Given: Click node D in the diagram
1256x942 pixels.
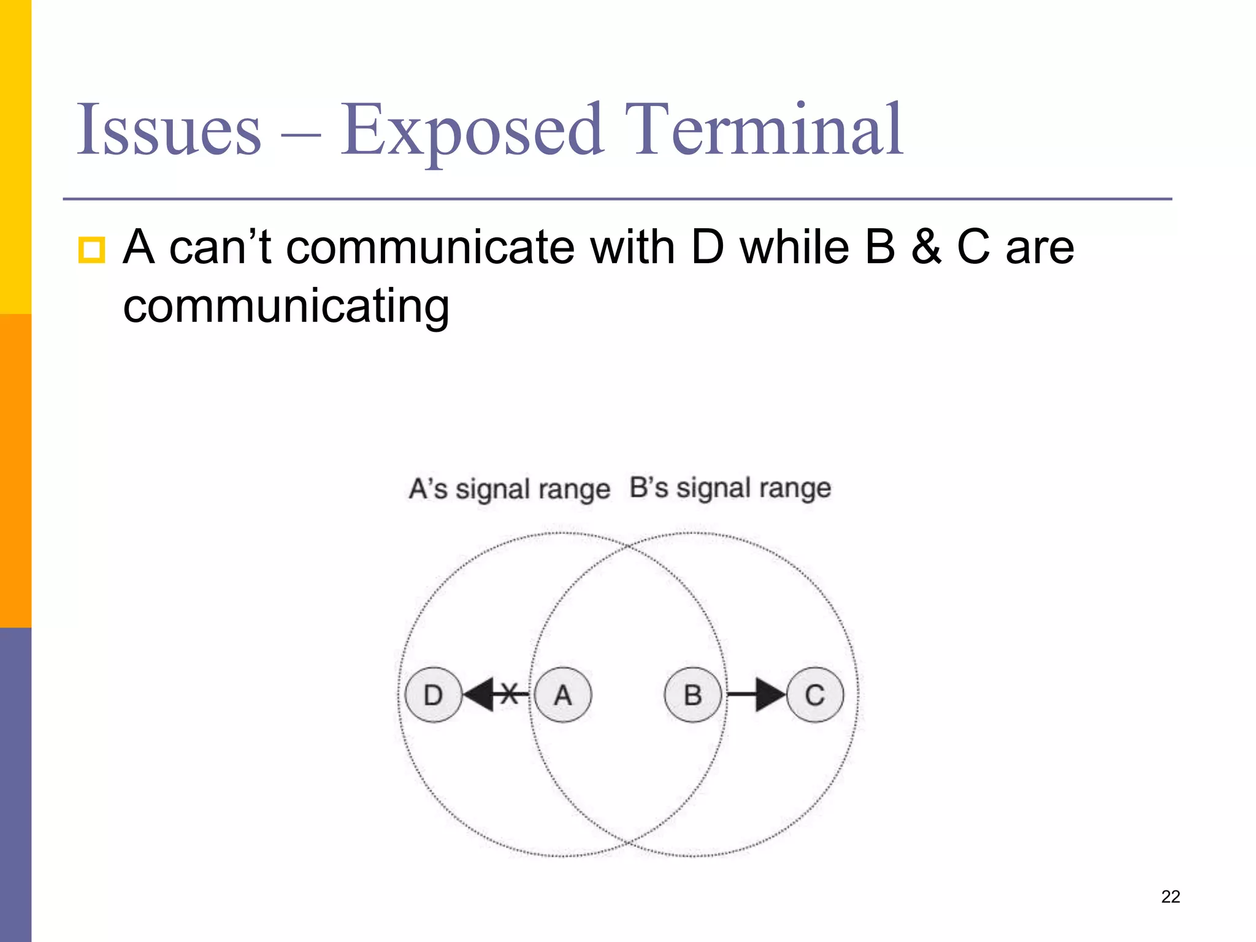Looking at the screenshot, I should coord(433,695).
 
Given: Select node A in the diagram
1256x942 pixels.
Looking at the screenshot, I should coord(563,695).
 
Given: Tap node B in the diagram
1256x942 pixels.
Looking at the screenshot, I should coord(693,695).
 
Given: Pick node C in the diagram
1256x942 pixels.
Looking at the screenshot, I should coord(815,695).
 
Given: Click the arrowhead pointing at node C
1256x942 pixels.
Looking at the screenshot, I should coord(770,695).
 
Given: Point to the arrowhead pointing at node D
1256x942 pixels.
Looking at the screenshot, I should coord(479,695).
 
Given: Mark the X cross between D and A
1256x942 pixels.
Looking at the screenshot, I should coord(509,694).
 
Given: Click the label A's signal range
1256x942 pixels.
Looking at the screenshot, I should coord(509,489).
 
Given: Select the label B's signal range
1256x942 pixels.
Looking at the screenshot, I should coord(730,488).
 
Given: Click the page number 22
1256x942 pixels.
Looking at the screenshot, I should coord(1170,897).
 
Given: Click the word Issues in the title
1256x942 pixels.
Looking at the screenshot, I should coord(169,130).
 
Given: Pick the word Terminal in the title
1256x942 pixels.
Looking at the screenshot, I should coord(764,130).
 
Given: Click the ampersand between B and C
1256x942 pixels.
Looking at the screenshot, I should coord(925,247).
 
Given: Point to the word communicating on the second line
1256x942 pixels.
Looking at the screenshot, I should coord(286,307).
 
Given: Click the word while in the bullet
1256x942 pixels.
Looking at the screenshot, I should coord(795,247).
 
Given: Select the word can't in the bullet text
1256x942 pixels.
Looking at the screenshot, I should coord(220,247).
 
